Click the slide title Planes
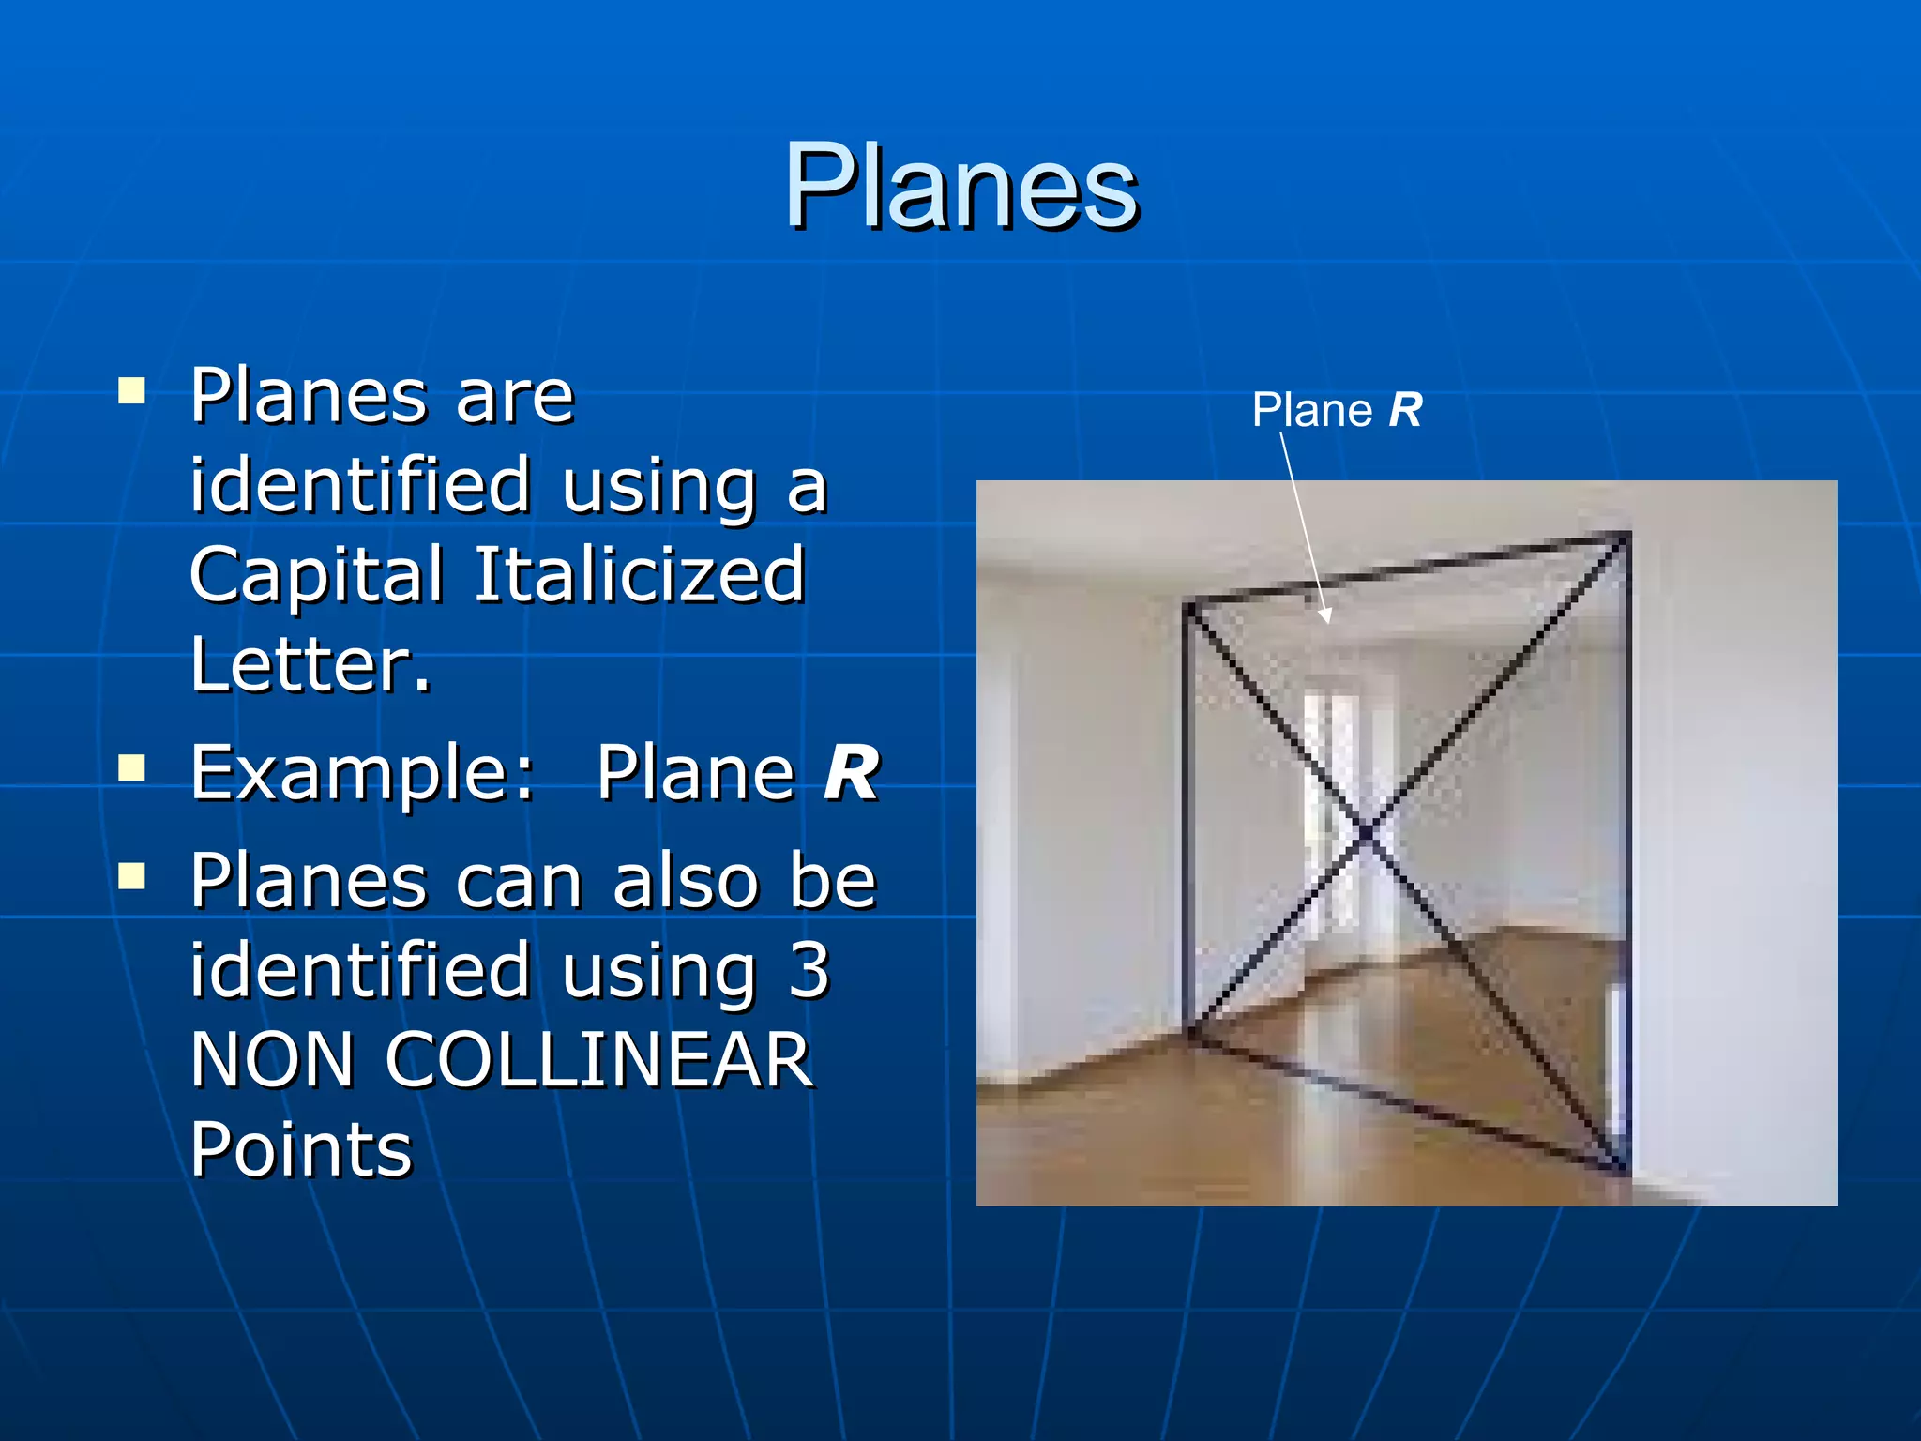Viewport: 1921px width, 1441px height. [960, 185]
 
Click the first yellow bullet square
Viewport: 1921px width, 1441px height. [132, 390]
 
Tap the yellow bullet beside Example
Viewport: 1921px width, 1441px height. [132, 769]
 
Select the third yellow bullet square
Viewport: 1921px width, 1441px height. [132, 877]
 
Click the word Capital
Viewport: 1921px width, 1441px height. [316, 574]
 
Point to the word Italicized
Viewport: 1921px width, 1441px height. [640, 574]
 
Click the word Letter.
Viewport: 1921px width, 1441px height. [310, 664]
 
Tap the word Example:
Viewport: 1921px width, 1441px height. [363, 773]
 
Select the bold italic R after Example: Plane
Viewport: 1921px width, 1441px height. [851, 773]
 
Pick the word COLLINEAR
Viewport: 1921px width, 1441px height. [599, 1059]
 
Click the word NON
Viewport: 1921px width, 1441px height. [272, 1059]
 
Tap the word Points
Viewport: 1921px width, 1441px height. [300, 1149]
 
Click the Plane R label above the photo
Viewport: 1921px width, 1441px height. [1337, 410]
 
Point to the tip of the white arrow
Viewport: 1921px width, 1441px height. [1327, 621]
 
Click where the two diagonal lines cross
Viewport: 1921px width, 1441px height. [1368, 830]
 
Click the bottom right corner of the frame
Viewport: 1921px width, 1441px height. [1624, 1168]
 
